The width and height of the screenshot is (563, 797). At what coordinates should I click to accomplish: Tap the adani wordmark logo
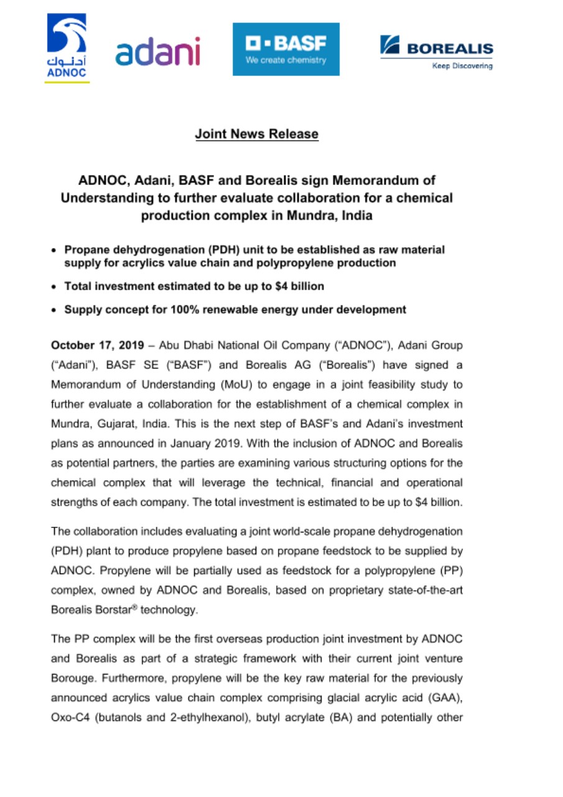(157, 52)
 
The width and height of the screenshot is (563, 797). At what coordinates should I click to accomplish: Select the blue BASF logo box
(286, 49)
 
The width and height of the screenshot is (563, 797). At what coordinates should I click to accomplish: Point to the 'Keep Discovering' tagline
(462, 65)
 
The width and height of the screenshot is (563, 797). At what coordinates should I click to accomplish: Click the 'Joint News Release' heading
(256, 134)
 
